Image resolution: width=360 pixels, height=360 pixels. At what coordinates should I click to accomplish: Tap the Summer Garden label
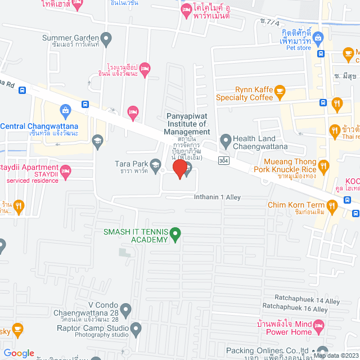point(71,38)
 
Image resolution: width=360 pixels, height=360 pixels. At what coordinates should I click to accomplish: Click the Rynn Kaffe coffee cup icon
point(281,91)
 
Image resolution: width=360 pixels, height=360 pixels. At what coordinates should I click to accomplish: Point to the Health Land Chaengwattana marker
point(226,139)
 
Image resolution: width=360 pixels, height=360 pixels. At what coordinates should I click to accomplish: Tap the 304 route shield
point(223,161)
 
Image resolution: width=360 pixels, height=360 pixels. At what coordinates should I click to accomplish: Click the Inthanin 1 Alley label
point(217,197)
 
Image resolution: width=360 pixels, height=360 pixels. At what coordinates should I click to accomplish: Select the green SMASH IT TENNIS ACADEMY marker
point(175,232)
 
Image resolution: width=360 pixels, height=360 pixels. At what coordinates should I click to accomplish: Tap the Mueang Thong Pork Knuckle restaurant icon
point(323,166)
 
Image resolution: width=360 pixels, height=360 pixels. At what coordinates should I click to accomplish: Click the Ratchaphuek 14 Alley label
point(307,301)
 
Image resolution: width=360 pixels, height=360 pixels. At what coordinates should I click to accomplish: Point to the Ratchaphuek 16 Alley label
point(295,309)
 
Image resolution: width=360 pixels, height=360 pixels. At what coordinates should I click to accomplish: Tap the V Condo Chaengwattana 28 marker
point(126,309)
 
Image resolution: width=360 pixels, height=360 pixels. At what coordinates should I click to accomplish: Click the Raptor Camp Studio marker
point(136,327)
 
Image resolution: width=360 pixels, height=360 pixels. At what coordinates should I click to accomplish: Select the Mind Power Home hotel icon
point(319,326)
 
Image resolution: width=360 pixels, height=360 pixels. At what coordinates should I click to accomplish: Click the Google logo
point(19,353)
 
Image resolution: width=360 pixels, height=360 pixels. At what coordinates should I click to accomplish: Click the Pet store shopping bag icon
point(318,38)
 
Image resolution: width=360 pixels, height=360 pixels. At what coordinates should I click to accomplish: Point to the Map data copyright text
point(335,355)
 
